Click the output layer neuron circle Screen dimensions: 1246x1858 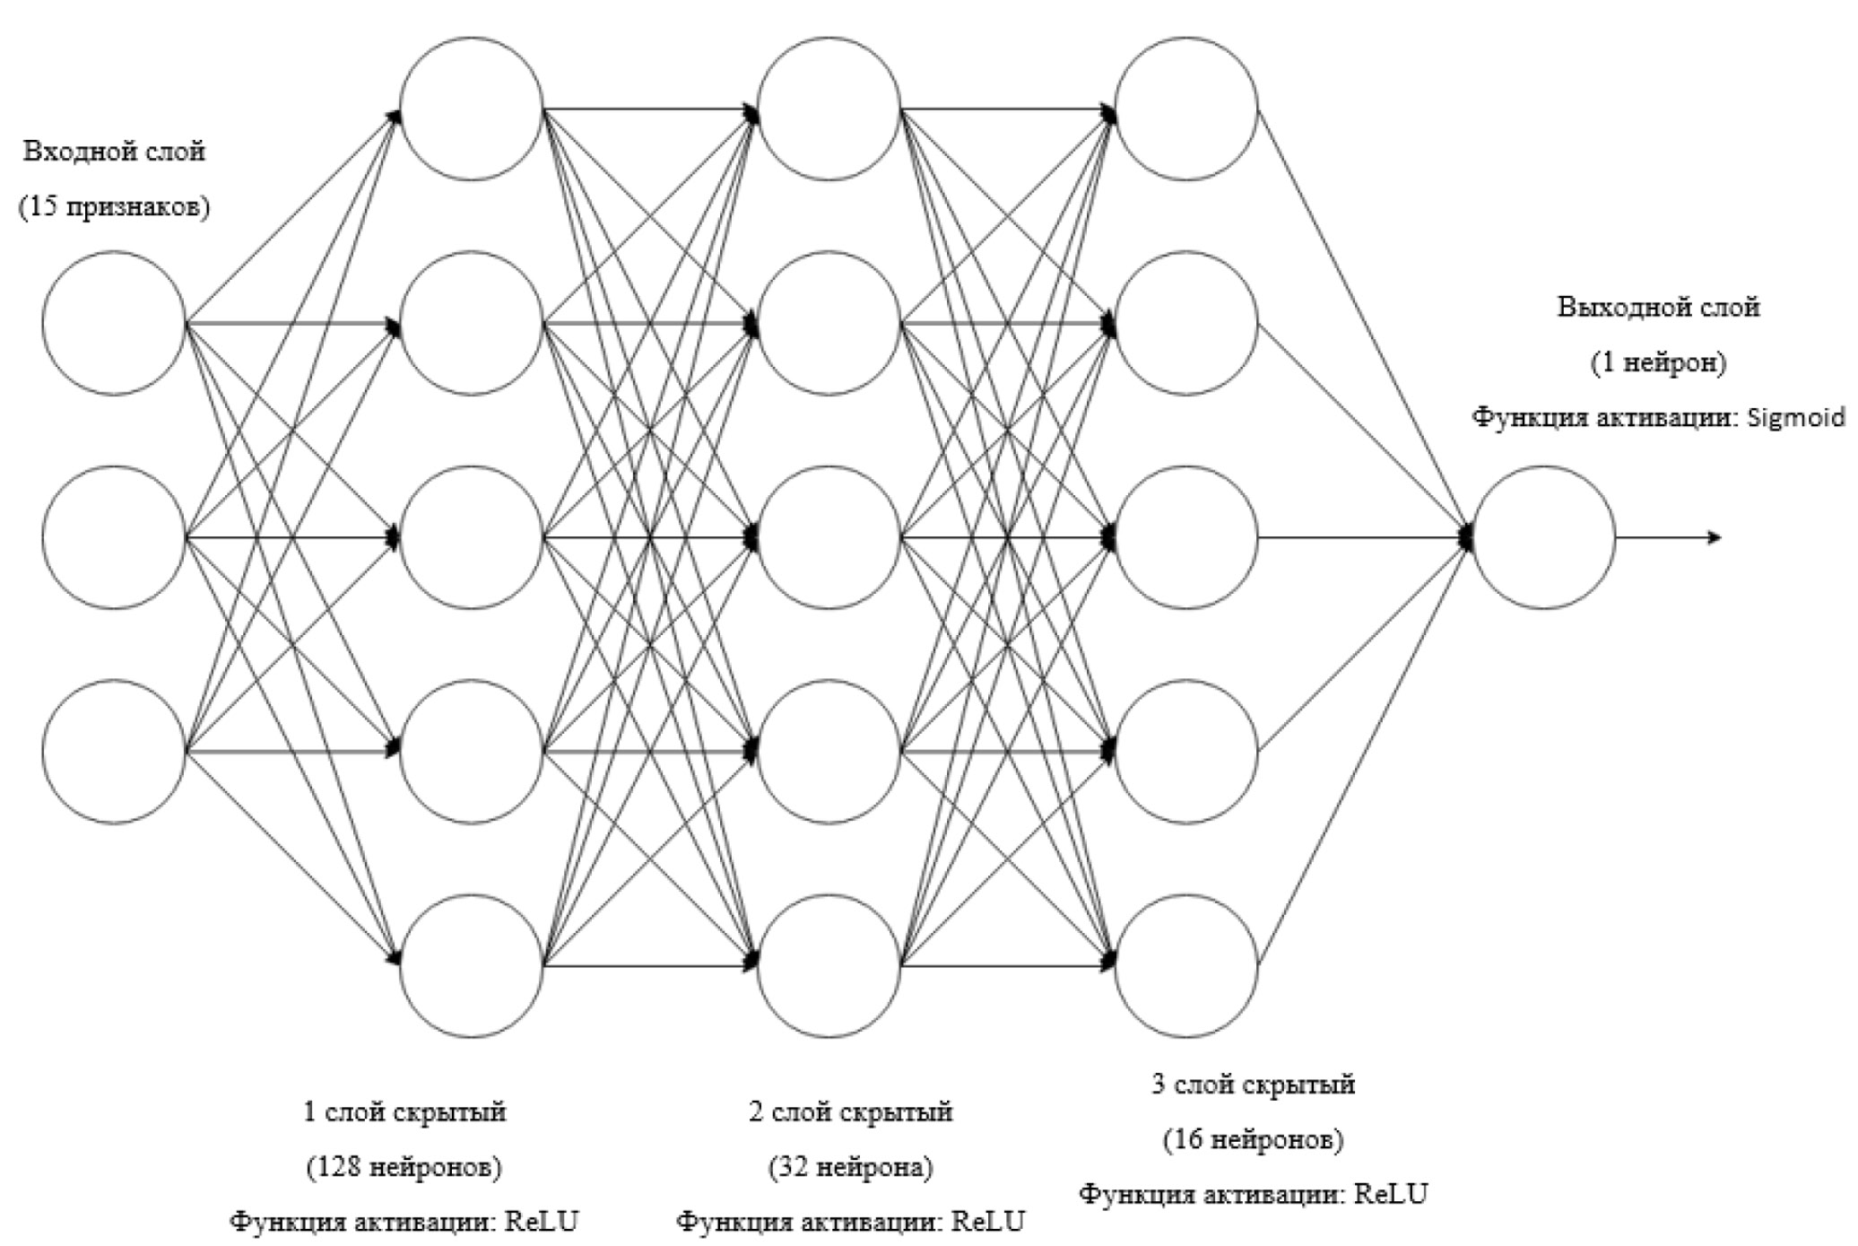(1543, 537)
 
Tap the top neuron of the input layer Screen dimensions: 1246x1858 (114, 323)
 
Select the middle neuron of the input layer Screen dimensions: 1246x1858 (114, 537)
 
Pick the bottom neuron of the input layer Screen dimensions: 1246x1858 (114, 752)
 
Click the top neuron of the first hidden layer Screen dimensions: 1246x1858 (472, 109)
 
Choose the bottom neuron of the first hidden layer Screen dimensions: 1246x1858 (472, 966)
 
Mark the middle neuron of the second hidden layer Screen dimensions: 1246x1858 (829, 537)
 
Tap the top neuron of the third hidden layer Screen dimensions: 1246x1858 (1185, 109)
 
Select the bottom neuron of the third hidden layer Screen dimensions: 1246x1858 (1185, 966)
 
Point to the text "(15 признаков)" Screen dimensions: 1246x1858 (115, 207)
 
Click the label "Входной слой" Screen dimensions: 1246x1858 (114, 151)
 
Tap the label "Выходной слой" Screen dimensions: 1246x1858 (1658, 307)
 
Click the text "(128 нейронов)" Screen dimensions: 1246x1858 (404, 1167)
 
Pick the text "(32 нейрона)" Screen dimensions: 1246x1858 (850, 1167)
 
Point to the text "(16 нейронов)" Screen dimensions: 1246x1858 (1254, 1139)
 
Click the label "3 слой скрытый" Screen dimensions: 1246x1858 (1254, 1085)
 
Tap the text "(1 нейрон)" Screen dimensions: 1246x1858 (1658, 362)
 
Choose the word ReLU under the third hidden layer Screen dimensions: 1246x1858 (1391, 1195)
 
